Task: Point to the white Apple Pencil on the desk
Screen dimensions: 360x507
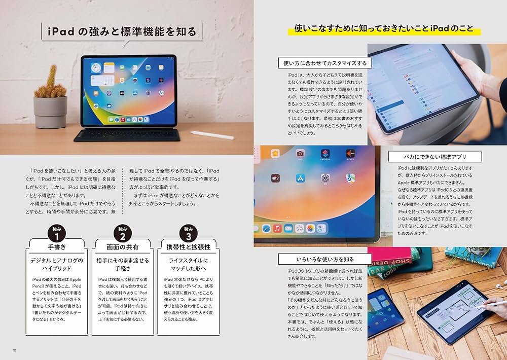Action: [212, 135]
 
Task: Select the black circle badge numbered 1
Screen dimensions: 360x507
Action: [57, 234]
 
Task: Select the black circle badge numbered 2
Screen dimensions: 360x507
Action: [122, 234]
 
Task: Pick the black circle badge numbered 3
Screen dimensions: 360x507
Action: [188, 234]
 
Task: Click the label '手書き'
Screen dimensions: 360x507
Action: [57, 247]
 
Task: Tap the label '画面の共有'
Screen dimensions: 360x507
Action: [122, 247]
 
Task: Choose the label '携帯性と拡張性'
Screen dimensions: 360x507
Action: [188, 247]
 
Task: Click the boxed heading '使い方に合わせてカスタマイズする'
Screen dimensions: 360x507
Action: [325, 63]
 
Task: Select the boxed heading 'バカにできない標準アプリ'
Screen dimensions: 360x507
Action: [435, 157]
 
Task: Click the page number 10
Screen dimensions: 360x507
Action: [14, 350]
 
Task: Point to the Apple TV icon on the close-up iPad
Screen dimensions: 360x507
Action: [276, 179]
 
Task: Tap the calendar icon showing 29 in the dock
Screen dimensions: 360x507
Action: [299, 229]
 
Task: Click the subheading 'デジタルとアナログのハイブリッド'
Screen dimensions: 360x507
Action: [57, 264]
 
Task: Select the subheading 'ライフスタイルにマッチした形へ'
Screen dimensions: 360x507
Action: [188, 264]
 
